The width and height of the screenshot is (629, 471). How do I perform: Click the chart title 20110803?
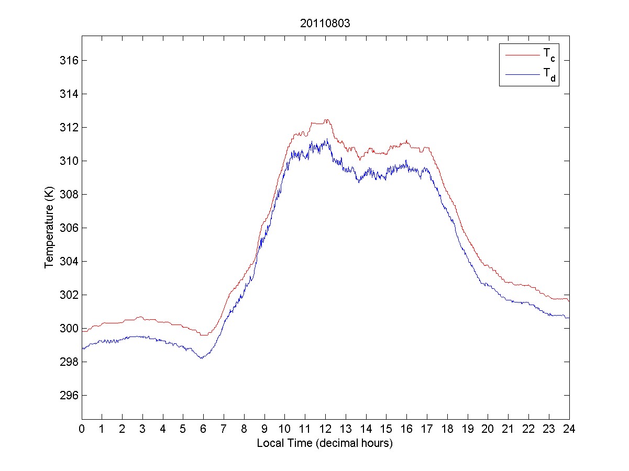(x=325, y=24)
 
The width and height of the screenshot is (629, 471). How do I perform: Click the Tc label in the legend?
(x=548, y=54)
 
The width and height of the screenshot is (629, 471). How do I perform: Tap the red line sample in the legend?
(x=522, y=54)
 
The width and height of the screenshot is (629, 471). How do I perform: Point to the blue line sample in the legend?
(x=522, y=75)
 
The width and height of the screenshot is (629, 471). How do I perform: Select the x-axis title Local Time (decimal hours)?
(x=325, y=443)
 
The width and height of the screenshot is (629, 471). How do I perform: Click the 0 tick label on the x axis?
(x=82, y=429)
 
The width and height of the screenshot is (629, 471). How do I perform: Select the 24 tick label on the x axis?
(x=569, y=429)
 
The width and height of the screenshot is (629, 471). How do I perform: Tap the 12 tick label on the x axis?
(x=325, y=429)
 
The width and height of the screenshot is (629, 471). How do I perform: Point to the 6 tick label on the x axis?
(x=204, y=429)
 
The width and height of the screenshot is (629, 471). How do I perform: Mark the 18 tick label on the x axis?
(x=447, y=429)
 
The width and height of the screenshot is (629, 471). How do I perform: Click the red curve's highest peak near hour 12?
(x=327, y=120)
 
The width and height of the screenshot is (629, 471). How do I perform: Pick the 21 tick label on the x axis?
(x=508, y=429)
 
